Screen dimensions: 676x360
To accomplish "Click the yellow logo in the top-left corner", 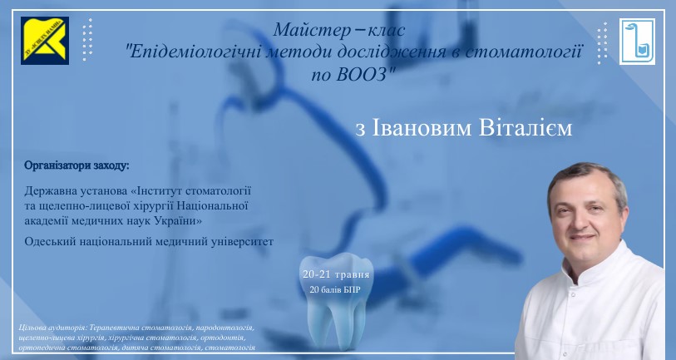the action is pyautogui.click(x=45, y=41).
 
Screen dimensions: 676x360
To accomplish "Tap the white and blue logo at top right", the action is pyautogui.click(x=637, y=42).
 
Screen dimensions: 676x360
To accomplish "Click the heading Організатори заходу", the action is pyautogui.click(x=76, y=165).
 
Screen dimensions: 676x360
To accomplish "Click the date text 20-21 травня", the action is pyautogui.click(x=336, y=274).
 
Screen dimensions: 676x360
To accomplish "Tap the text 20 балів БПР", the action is pyautogui.click(x=335, y=289).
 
